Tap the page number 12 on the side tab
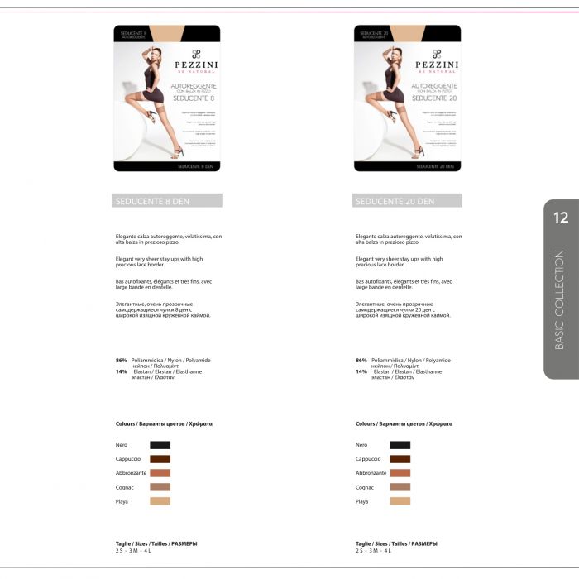coord(561,218)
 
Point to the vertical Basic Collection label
coord(560,299)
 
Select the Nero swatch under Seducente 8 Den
coord(160,445)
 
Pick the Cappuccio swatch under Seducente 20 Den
coord(400,459)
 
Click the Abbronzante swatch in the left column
coord(160,473)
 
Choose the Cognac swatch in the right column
coord(400,487)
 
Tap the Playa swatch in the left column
coord(160,501)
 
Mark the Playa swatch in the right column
coord(400,501)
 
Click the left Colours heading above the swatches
coord(164,423)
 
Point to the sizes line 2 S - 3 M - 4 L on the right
coord(373,550)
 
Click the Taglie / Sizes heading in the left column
coord(156,543)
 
